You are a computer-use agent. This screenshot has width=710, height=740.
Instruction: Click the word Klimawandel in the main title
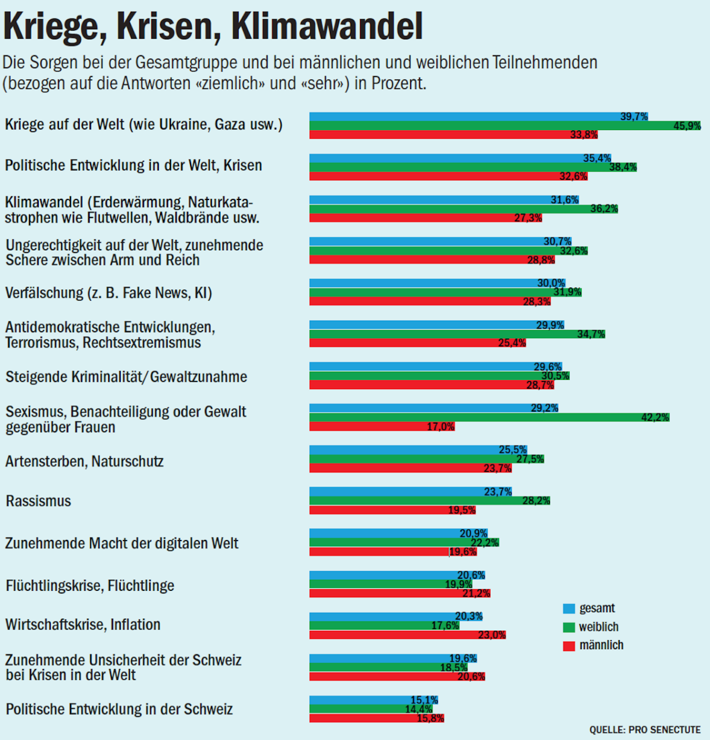(327, 26)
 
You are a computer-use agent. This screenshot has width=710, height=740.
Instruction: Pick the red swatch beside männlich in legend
(569, 646)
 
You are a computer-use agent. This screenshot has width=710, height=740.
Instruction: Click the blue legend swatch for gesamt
(569, 609)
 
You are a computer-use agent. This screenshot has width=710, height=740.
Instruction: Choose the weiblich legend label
(599, 627)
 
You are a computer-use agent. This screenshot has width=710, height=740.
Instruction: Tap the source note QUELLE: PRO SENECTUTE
(645, 730)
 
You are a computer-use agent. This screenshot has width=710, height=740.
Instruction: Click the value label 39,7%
(634, 117)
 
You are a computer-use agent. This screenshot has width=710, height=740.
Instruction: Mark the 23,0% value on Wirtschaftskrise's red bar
(492, 635)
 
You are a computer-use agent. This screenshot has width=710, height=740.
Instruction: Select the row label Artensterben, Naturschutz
(84, 461)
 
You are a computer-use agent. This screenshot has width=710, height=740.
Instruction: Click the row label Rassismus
(38, 501)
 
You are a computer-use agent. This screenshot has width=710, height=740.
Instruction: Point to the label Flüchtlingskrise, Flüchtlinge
(90, 586)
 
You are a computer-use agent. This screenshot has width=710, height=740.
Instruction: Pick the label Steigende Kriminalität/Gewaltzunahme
(126, 377)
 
